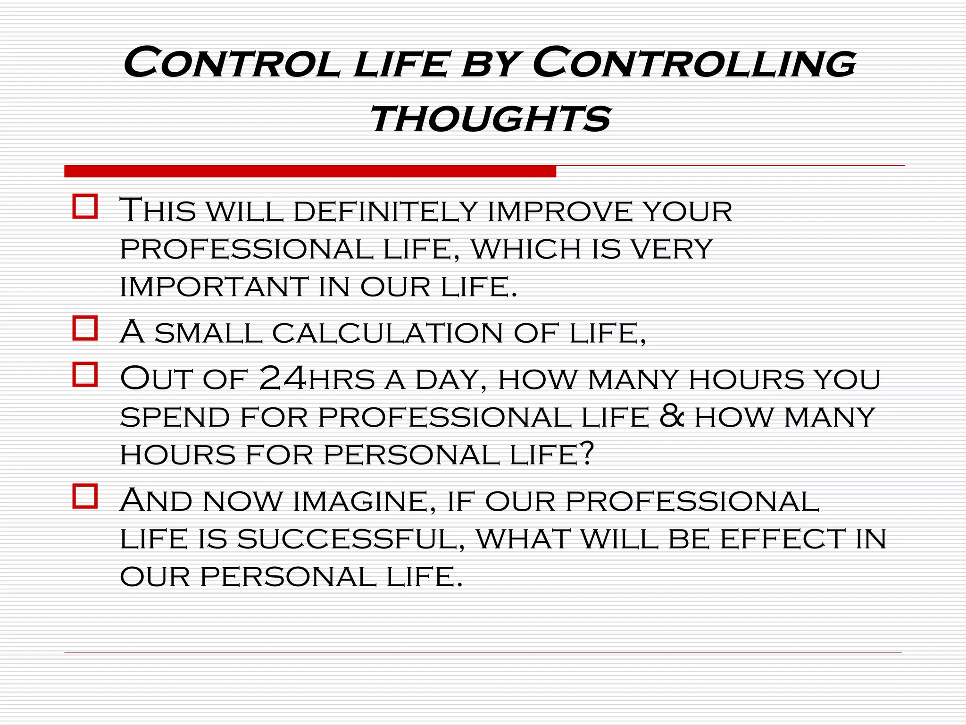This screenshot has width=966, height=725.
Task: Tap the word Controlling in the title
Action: click(x=694, y=63)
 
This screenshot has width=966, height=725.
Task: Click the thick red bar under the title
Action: click(x=310, y=171)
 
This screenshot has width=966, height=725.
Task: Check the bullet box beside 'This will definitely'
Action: click(x=85, y=206)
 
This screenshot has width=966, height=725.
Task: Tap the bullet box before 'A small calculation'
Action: click(x=85, y=328)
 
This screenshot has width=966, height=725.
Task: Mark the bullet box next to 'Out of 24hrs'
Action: click(x=85, y=374)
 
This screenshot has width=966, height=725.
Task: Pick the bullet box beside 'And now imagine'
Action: click(x=85, y=496)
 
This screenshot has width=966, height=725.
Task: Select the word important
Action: click(x=214, y=287)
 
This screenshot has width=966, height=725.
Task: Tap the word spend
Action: click(x=175, y=417)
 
